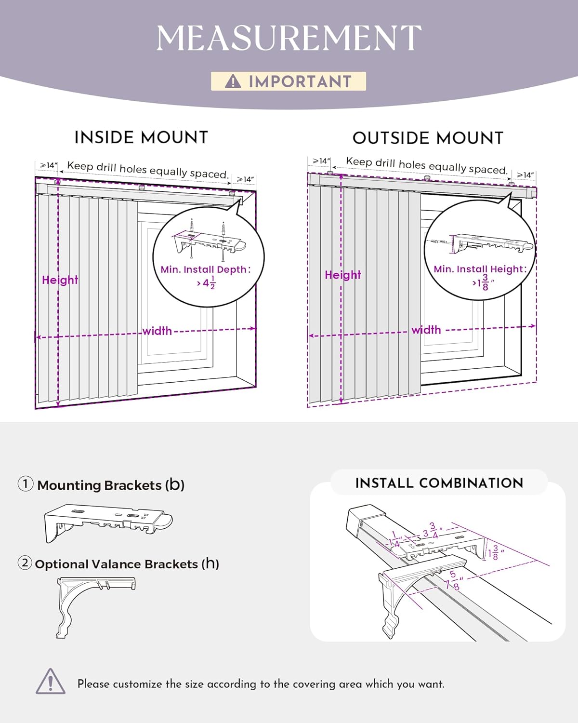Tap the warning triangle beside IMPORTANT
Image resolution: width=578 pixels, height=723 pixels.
[x=233, y=81]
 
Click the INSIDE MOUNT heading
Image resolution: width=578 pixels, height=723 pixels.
[x=141, y=137]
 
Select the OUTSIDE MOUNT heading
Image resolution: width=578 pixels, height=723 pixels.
[x=428, y=138]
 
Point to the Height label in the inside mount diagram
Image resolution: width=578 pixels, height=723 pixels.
[x=60, y=280]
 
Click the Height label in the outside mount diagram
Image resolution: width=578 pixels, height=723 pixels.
[x=342, y=275]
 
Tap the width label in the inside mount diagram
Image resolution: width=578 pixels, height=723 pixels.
[x=157, y=331]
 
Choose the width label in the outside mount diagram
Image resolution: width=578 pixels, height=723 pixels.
[x=426, y=330]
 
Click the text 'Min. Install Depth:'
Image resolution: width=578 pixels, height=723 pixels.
[x=206, y=269]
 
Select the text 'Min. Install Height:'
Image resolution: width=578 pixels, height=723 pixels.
[x=480, y=269]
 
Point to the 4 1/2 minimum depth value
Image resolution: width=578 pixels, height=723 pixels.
[x=207, y=283]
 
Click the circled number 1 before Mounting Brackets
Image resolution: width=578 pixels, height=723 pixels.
[x=26, y=483]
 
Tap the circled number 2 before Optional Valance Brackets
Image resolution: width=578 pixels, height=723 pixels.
[x=25, y=562]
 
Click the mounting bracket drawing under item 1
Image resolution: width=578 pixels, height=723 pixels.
[x=108, y=522]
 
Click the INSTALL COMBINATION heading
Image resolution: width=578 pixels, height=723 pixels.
[x=439, y=483]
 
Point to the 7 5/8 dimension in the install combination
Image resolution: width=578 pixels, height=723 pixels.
[x=453, y=581]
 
